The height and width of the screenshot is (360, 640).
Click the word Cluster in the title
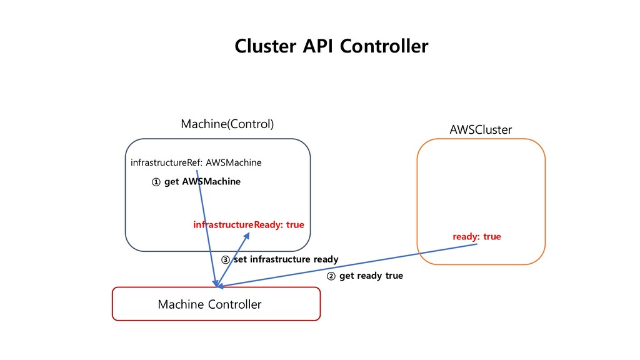[265, 46]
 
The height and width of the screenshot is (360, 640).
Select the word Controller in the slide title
[384, 46]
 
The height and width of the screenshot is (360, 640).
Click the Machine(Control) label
[227, 124]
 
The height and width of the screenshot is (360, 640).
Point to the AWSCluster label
[481, 130]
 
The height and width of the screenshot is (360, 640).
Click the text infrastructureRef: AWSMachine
[196, 162]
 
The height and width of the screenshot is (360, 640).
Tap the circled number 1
[156, 182]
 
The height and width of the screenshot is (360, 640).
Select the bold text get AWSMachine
[202, 182]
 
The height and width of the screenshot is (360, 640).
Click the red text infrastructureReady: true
[249, 224]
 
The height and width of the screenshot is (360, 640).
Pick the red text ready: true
[477, 237]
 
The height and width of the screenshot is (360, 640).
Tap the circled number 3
[225, 260]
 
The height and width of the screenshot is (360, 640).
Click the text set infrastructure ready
[286, 259]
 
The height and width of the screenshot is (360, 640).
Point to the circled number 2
[331, 276]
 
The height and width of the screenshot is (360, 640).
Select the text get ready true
[371, 276]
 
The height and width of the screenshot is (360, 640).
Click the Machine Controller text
[209, 304]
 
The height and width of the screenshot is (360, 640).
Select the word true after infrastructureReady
[295, 224]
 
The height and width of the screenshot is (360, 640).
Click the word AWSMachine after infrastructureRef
[234, 162]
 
